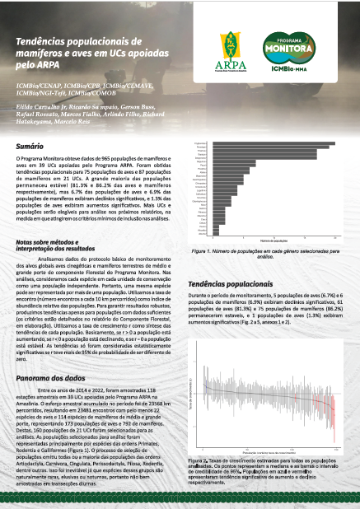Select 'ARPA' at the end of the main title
pos(49,72)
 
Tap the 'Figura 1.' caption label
pos(203,250)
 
